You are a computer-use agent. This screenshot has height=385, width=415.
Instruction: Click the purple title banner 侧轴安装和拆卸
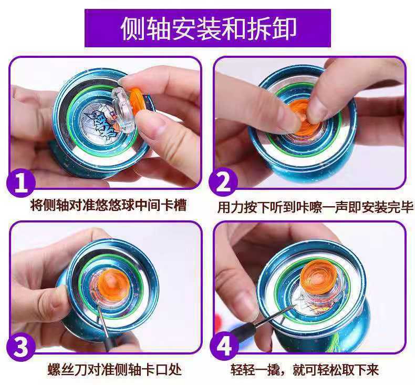click(207, 28)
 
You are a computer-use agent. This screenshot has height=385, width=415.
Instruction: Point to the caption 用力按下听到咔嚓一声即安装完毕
click(315, 206)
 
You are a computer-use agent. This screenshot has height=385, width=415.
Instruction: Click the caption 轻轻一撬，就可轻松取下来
click(305, 369)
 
